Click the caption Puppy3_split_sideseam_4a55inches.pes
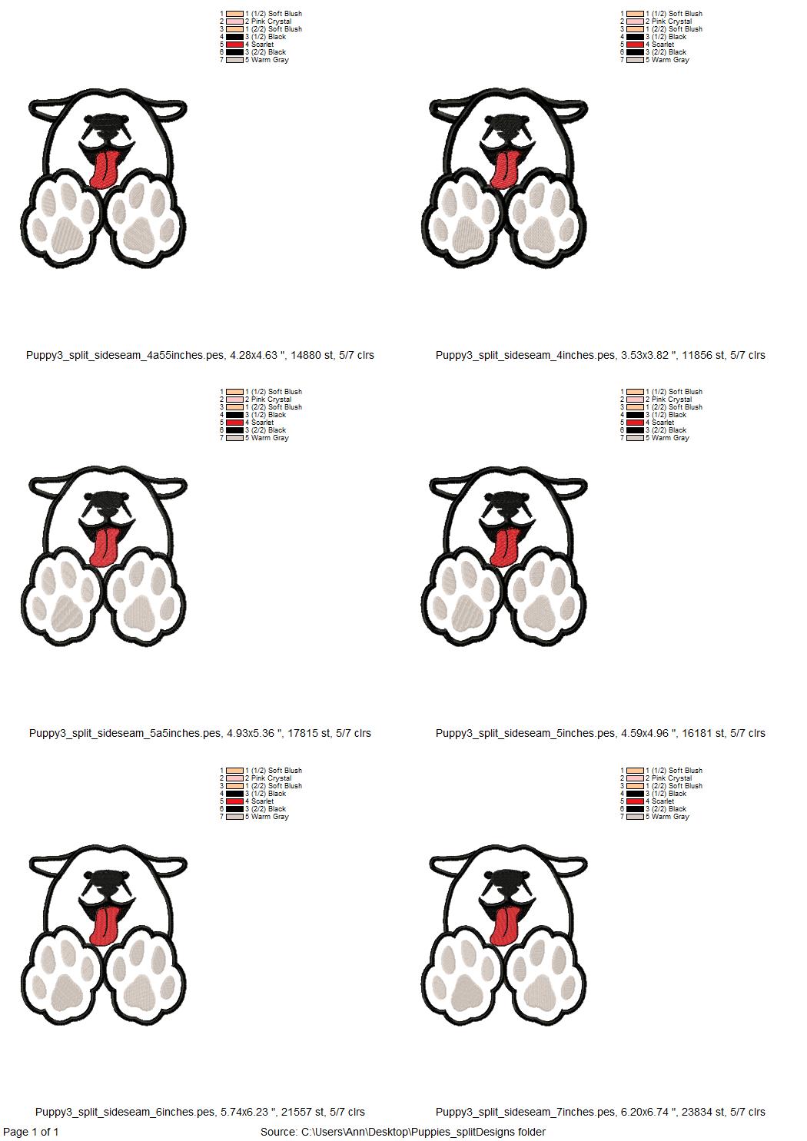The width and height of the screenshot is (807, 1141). [x=125, y=355]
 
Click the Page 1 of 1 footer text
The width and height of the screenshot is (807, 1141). [x=31, y=1132]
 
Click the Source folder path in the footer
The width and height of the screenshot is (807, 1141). [x=403, y=1132]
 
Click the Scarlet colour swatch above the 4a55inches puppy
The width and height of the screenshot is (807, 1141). [x=235, y=45]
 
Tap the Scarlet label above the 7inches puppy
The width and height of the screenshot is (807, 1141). [x=663, y=801]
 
